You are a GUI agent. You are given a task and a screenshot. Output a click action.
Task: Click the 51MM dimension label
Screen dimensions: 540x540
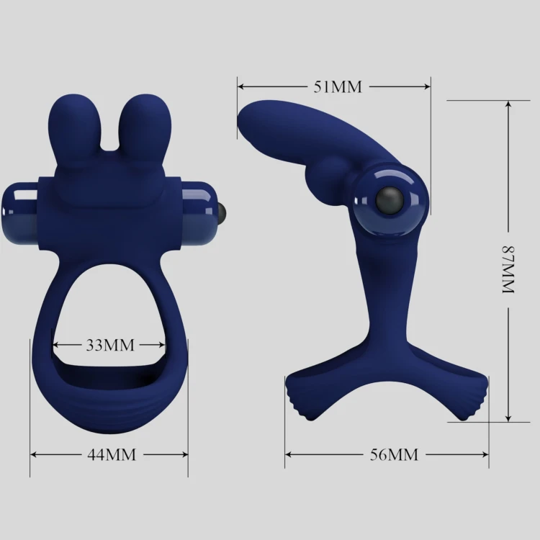point(338,86)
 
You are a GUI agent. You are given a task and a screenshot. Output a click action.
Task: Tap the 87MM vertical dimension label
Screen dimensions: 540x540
point(508,270)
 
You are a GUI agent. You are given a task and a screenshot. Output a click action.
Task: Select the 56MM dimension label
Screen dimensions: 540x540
point(394,454)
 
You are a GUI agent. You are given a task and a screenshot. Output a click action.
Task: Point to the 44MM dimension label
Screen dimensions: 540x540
point(112,454)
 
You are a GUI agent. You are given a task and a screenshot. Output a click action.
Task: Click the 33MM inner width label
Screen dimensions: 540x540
point(110,345)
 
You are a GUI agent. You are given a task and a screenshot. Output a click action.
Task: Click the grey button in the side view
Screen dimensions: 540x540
point(389,201)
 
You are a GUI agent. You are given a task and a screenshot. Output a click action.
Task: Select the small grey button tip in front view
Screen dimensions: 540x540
point(223,213)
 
